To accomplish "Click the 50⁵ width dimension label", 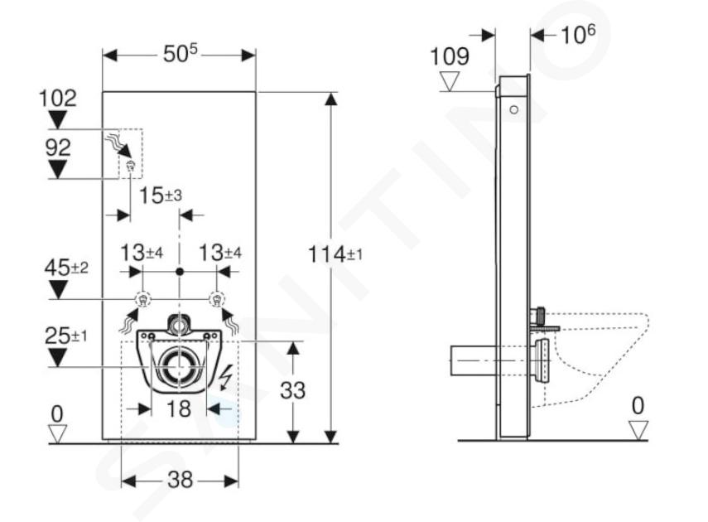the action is coord(181,54).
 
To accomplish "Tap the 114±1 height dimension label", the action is coord(335,254).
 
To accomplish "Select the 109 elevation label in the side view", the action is coord(450,56).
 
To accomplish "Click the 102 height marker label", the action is coord(58,98).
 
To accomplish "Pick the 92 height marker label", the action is coord(58,147).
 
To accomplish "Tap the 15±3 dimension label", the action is coord(161,196).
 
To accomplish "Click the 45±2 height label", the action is coord(66,268).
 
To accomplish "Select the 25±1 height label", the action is coord(66,336).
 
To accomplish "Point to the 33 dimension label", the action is coord(292,390).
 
